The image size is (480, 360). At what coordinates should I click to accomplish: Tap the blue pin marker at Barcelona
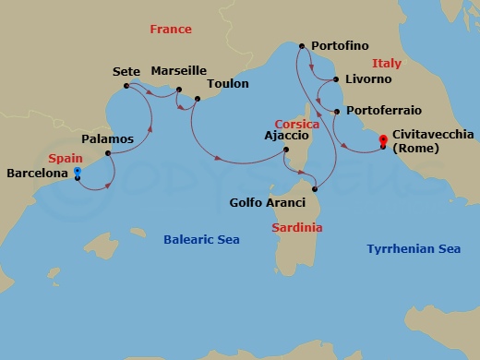pyautogui.click(x=78, y=172)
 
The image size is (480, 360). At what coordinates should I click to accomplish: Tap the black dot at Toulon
pyautogui.click(x=197, y=99)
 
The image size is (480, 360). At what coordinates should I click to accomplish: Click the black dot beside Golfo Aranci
pyautogui.click(x=314, y=189)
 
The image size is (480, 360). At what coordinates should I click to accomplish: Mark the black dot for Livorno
pyautogui.click(x=336, y=79)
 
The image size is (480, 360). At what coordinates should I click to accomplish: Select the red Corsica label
pyautogui.click(x=296, y=124)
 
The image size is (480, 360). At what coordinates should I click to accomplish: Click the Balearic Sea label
pyautogui.click(x=201, y=240)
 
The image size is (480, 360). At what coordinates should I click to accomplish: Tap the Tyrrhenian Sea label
pyautogui.click(x=413, y=248)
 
